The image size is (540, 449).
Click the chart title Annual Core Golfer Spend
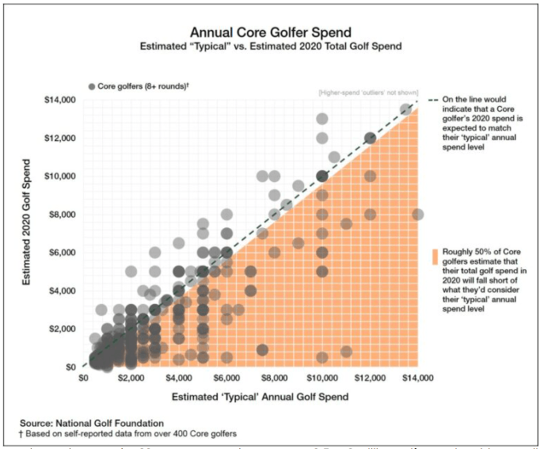(270, 32)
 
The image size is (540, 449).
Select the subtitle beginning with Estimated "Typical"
(270, 47)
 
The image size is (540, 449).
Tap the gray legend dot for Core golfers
(92, 86)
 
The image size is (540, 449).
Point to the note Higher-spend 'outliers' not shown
(367, 93)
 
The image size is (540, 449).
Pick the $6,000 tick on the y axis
(63, 253)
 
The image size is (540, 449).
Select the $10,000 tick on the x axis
(322, 379)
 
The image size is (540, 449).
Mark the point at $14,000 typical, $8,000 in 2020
(418, 215)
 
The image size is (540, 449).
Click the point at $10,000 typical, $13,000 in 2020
(322, 119)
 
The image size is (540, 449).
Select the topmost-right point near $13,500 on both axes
(405, 109)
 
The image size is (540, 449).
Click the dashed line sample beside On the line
(432, 101)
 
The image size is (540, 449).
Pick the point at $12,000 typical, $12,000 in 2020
(370, 138)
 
